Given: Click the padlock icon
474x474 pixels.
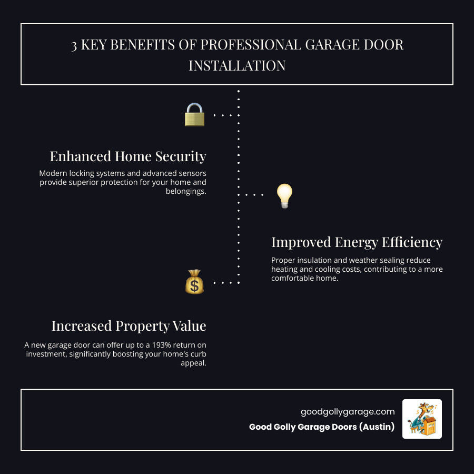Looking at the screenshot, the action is tap(194, 114).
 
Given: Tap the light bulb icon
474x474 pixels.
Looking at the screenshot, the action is tap(284, 196).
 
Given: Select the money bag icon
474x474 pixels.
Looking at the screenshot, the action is tap(194, 282).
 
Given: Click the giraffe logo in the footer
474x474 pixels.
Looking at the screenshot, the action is tap(422, 419).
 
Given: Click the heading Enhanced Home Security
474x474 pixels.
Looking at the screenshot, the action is tap(128, 156).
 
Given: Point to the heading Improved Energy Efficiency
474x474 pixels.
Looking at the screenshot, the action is tap(357, 242).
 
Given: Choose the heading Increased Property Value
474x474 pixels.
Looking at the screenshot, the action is tap(129, 326).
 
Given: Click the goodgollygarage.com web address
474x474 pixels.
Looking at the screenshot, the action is tap(348, 412).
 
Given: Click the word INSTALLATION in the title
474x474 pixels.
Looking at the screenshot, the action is tap(237, 66).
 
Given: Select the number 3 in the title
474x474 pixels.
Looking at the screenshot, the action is tap(74, 45).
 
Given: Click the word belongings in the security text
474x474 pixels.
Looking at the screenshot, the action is tap(186, 192).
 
